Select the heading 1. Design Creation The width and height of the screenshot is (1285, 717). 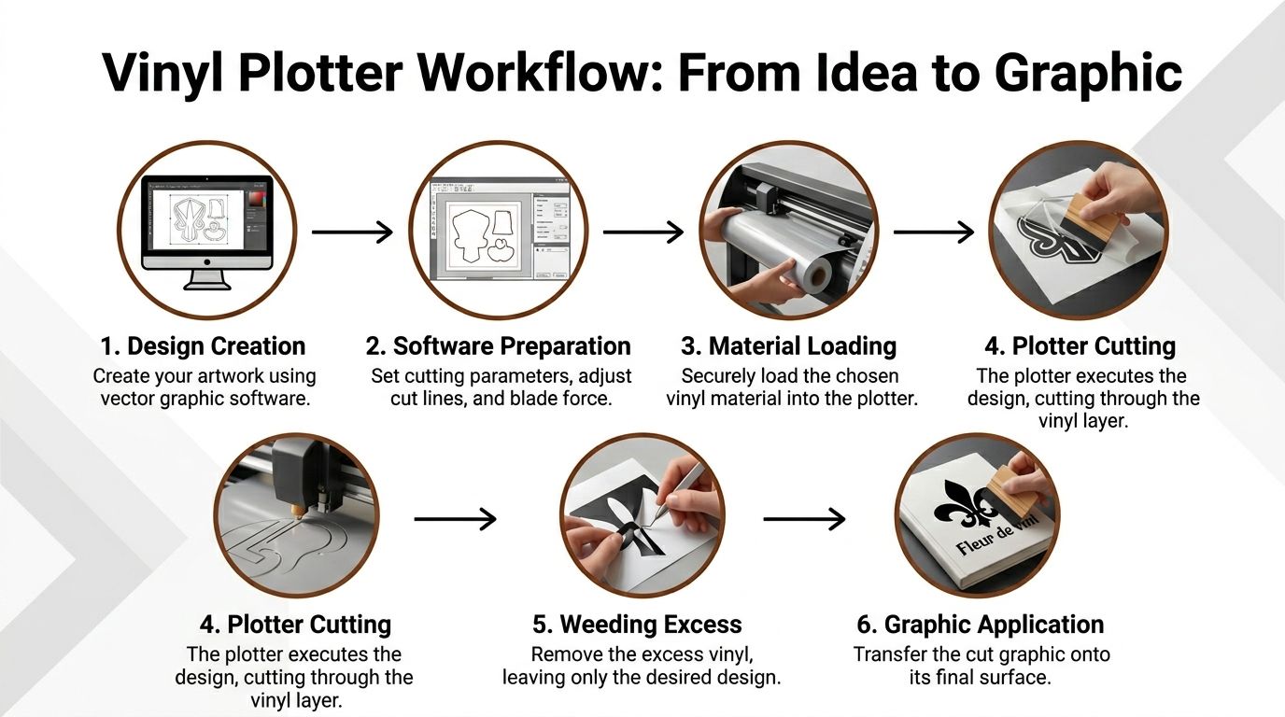[x=203, y=346]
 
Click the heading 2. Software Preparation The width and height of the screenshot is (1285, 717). [x=498, y=346]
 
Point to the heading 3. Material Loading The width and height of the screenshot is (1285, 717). [x=788, y=346]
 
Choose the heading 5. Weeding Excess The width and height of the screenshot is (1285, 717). [x=639, y=625]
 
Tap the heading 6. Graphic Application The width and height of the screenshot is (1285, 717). [x=980, y=625]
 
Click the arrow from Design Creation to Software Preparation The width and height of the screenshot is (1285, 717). [x=352, y=232]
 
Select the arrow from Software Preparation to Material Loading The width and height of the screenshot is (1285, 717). [x=643, y=232]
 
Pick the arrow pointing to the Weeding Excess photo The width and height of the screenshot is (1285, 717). [x=455, y=519]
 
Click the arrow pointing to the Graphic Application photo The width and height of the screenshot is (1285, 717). [x=804, y=519]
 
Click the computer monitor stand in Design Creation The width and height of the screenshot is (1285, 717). [x=206, y=279]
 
